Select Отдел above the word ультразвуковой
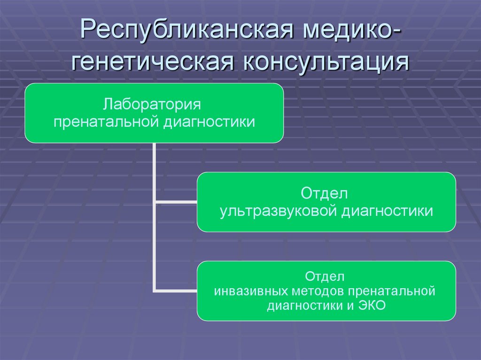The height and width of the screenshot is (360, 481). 326,193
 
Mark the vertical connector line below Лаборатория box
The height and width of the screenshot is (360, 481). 154,174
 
